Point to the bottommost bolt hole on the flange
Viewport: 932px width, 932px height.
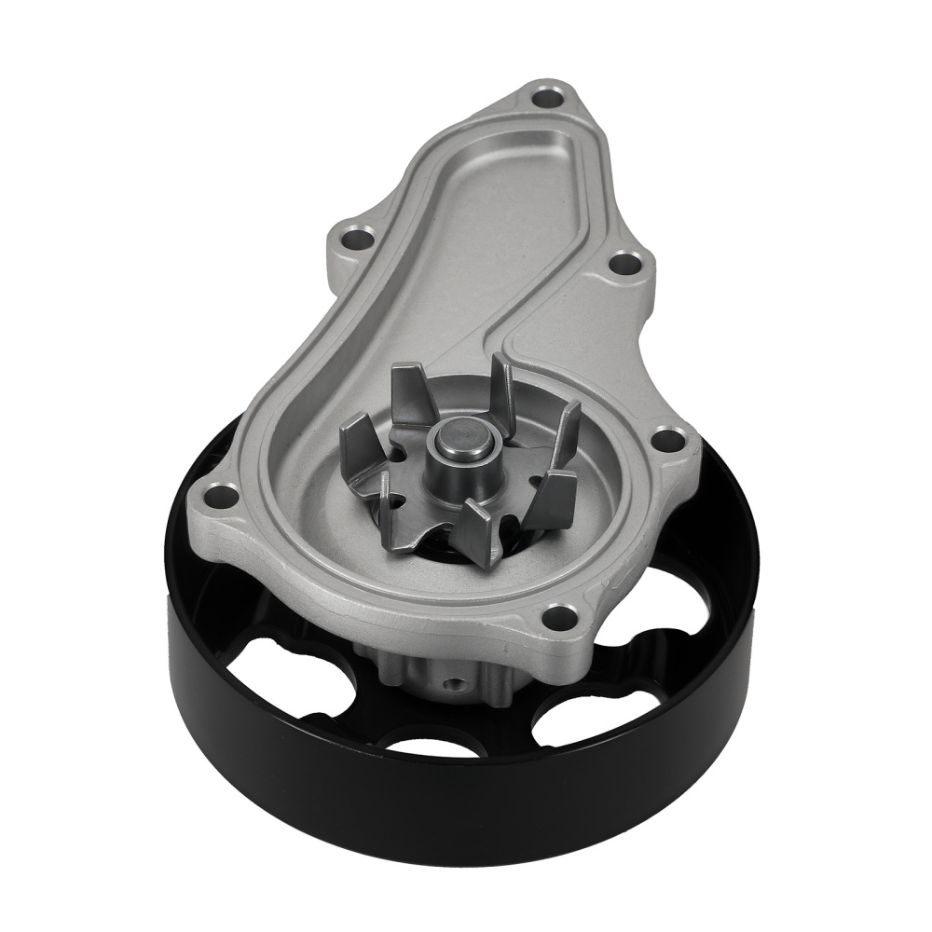pyautogui.click(x=560, y=616)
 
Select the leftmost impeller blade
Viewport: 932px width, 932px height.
pyautogui.click(x=360, y=439)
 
